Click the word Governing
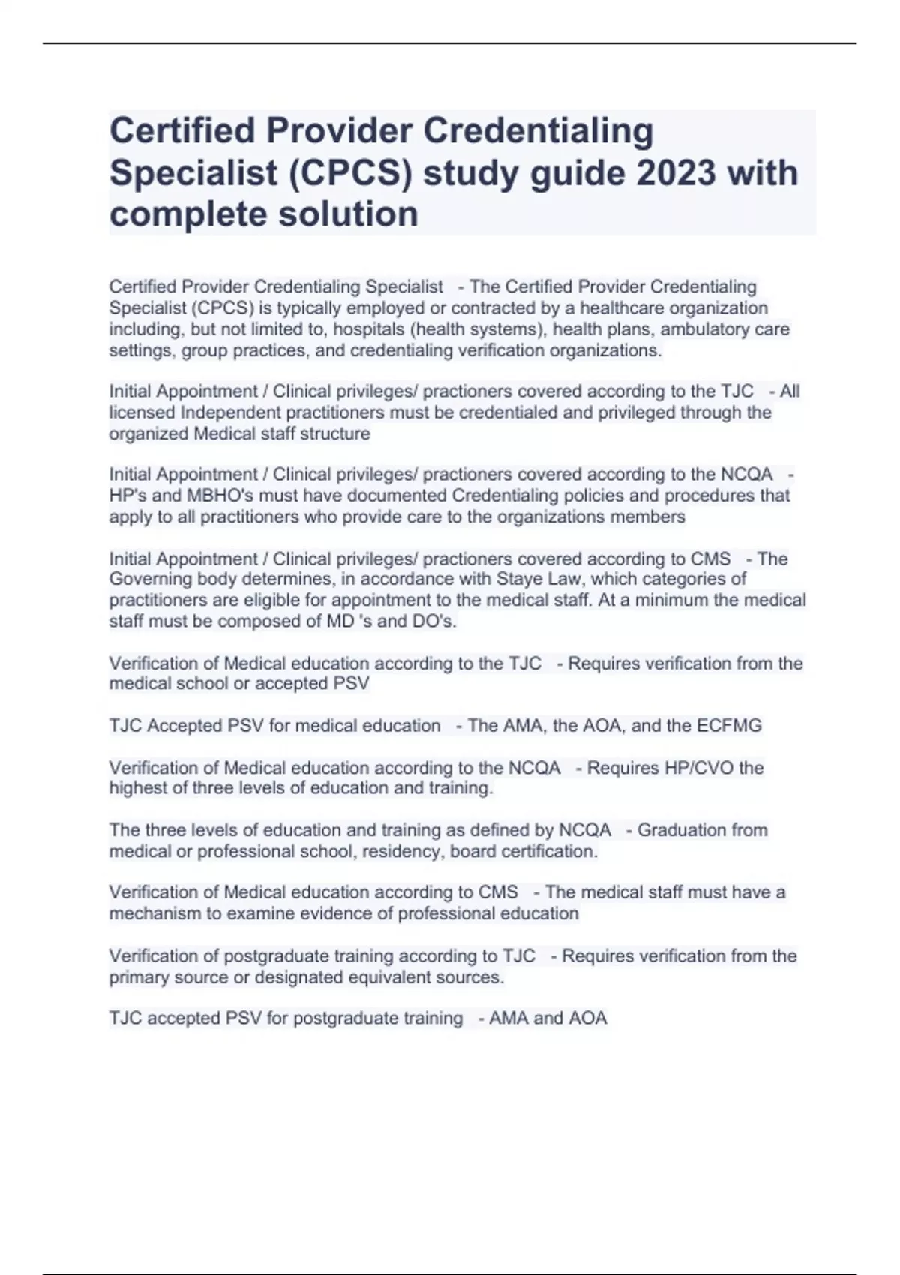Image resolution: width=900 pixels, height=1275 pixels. (x=151, y=579)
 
